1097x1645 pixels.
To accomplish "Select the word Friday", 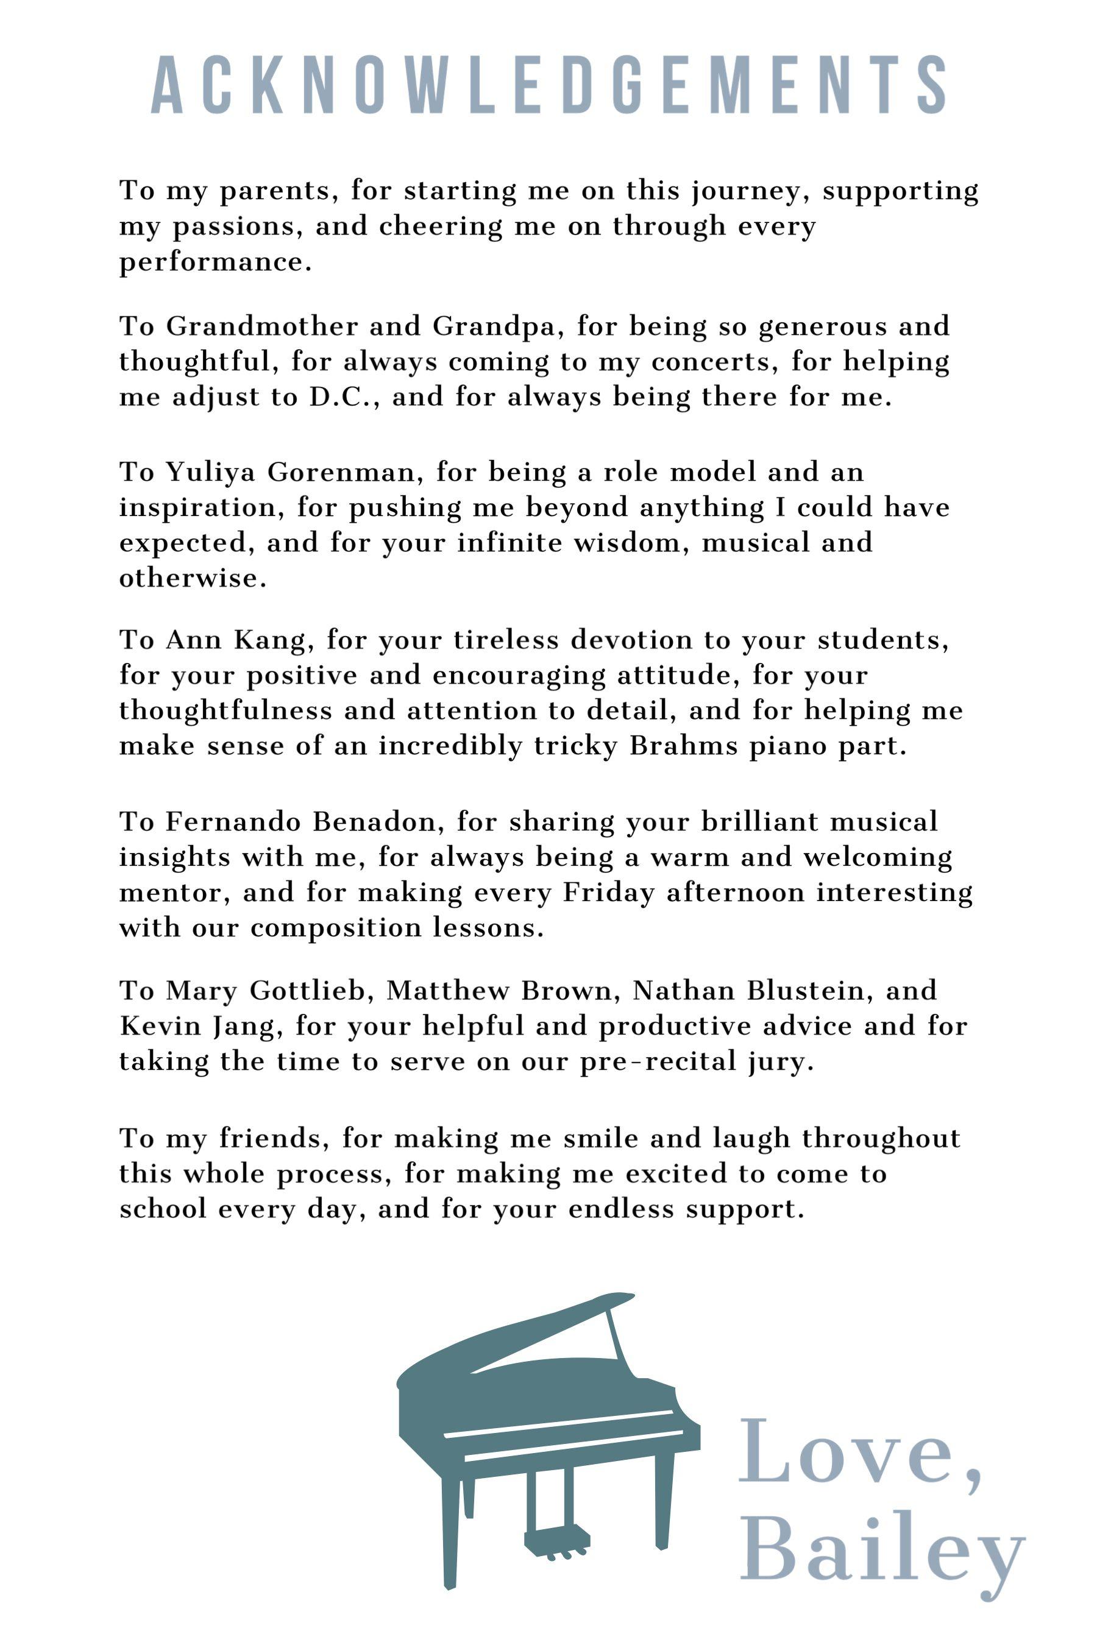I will (609, 893).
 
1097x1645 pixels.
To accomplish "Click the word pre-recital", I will (658, 1062).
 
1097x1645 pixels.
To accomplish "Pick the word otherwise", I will (193, 578).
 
